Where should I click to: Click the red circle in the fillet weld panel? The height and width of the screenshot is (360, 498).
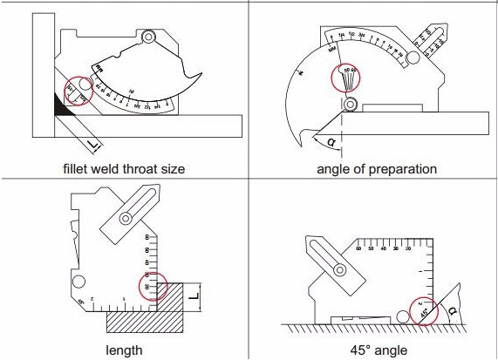coord(76,90)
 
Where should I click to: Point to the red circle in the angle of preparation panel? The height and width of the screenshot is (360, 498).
coord(349,77)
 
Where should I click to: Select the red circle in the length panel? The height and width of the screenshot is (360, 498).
coord(154,287)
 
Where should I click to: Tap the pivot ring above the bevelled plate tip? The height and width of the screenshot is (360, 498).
coord(350,105)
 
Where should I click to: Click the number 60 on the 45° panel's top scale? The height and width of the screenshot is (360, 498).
coord(358,249)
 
